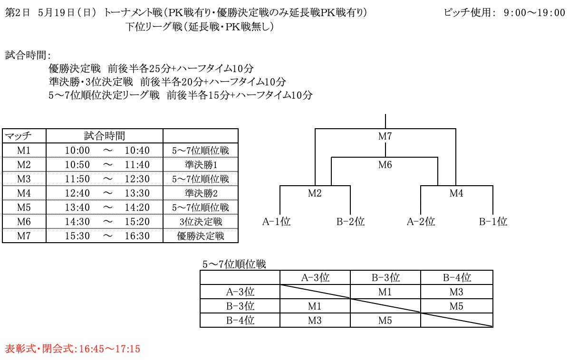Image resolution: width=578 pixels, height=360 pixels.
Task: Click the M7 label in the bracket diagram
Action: pos(385,136)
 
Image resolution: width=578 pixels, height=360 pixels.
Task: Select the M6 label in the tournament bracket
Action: pos(385,165)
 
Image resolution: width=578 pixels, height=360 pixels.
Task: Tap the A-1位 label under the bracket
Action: pos(276,221)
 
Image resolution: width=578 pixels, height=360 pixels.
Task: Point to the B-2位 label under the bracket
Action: pos(350,221)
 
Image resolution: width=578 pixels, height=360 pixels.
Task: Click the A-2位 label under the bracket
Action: pos(421,221)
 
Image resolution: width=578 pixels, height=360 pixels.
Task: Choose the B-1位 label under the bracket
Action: pos(493,221)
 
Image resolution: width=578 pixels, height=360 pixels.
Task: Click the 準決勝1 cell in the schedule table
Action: pos(201,165)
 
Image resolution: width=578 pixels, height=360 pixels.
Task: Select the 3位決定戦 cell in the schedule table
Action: pos(201,222)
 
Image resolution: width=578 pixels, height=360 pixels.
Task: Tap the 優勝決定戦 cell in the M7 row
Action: pos(201,236)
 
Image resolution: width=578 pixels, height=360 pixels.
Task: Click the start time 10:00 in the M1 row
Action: pos(77,151)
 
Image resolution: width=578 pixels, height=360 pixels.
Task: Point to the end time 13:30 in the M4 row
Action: pos(137,193)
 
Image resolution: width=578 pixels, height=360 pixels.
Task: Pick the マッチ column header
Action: pos(18,136)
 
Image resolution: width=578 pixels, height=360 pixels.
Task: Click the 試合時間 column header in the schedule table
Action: pos(105,136)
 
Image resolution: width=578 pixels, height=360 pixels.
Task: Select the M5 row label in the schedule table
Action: pos(24,208)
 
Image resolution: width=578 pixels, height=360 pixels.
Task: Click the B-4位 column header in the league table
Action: pos(457,278)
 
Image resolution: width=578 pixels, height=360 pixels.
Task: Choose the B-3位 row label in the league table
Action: pos(240,306)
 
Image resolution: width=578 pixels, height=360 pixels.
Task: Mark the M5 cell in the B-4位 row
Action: pos(385,321)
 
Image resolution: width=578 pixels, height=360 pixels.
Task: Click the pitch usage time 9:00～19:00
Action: pos(534,13)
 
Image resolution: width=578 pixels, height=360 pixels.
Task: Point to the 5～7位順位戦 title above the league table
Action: pos(234,265)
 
